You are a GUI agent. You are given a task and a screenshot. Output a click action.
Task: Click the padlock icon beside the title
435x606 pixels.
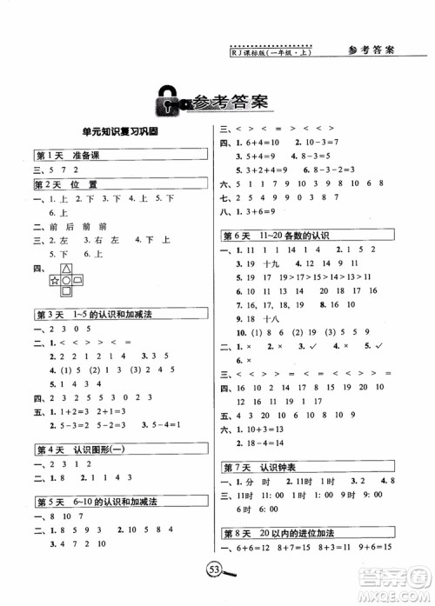[x=165, y=102]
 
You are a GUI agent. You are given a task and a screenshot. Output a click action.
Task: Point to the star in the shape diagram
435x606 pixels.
[x=55, y=281]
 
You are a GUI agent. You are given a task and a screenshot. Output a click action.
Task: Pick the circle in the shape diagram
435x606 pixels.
[x=65, y=281]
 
